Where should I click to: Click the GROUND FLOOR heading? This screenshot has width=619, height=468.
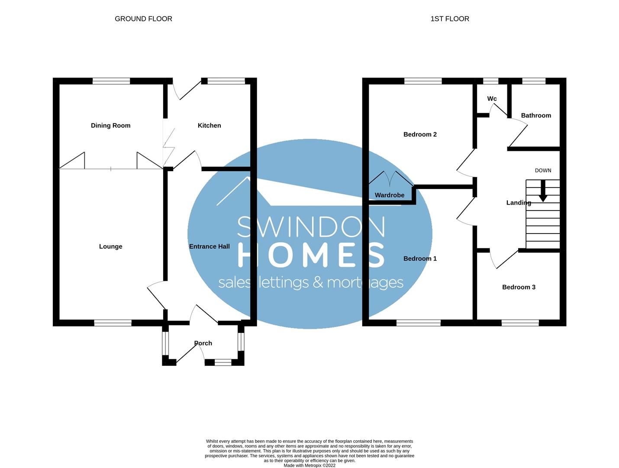tap(143, 19)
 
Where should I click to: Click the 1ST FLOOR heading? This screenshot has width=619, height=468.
tap(449, 19)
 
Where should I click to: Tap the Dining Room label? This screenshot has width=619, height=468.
tap(110, 126)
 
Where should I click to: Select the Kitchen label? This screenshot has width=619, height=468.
tap(209, 126)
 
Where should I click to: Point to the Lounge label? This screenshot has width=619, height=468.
tap(110, 247)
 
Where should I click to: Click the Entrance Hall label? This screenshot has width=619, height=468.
tap(209, 247)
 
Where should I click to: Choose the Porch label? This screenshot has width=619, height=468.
tap(203, 343)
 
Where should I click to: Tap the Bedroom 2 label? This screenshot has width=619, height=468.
tap(420, 134)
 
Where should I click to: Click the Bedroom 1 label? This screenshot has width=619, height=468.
tap(420, 259)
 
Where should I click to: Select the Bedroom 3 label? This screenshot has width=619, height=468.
tap(519, 287)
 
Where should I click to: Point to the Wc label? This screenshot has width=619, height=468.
tap(492, 99)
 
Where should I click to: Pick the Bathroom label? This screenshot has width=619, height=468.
tap(536, 116)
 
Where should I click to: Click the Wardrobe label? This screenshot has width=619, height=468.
tap(390, 195)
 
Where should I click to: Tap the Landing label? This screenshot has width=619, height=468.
tap(519, 203)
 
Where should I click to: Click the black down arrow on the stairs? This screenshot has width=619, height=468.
tap(542, 192)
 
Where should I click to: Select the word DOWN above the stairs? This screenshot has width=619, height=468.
tap(543, 171)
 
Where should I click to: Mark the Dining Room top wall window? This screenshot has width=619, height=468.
tap(111, 81)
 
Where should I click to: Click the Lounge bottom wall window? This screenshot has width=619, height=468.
tap(113, 323)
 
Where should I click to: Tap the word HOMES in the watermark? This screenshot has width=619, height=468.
tap(311, 255)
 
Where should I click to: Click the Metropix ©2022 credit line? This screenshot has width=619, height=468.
tap(309, 465)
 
